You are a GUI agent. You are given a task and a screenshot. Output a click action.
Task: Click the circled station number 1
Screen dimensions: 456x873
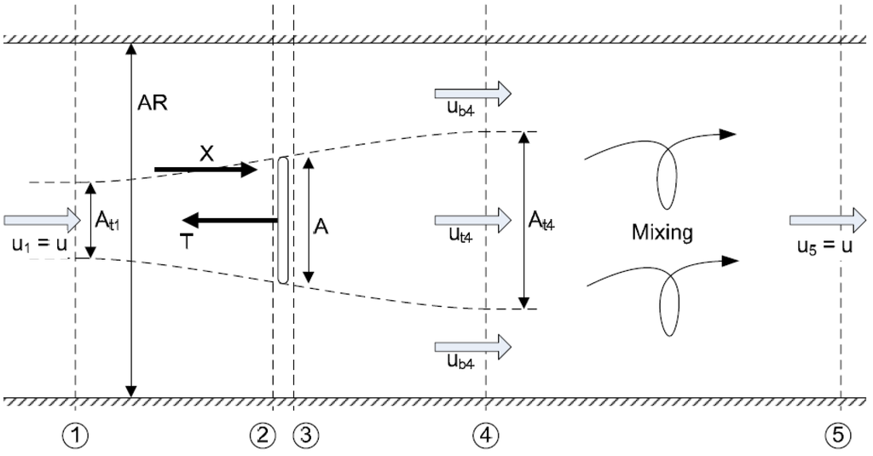click(x=76, y=435)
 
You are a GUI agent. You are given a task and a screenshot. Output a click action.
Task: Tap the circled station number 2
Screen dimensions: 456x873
click(x=263, y=435)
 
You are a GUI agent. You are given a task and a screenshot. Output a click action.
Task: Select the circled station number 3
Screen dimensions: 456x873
click(x=304, y=435)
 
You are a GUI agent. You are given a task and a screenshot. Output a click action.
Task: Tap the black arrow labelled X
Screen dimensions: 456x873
click(x=205, y=169)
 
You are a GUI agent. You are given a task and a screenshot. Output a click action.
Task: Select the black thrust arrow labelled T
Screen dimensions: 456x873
click(x=226, y=221)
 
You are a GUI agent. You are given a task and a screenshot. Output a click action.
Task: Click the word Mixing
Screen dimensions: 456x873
click(x=661, y=231)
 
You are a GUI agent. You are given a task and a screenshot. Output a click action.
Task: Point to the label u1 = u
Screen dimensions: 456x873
click(x=39, y=245)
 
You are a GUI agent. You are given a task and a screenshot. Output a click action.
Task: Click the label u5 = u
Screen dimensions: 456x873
click(x=822, y=245)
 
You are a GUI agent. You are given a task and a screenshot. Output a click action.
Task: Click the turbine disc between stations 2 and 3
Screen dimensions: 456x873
click(x=283, y=220)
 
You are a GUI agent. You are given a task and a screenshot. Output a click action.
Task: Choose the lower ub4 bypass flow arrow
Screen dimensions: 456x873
click(x=472, y=346)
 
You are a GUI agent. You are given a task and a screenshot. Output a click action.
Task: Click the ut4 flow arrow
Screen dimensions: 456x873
click(x=472, y=219)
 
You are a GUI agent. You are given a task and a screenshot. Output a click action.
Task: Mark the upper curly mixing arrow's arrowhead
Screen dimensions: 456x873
click(x=726, y=134)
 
